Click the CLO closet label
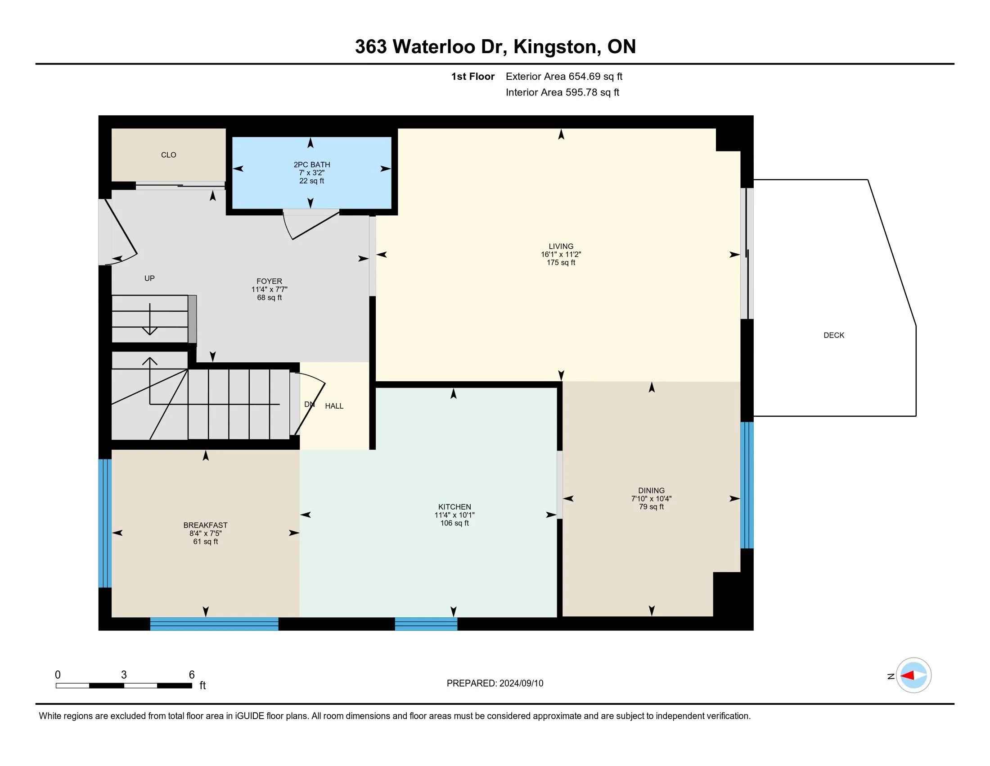(x=168, y=155)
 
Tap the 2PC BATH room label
(x=312, y=165)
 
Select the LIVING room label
(x=561, y=246)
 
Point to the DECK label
(x=834, y=335)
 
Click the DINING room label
(x=652, y=491)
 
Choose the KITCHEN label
(x=454, y=507)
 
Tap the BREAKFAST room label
(x=205, y=525)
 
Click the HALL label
(x=334, y=406)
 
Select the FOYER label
(x=269, y=281)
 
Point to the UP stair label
(x=149, y=278)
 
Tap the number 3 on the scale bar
(x=124, y=675)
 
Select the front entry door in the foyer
(x=119, y=232)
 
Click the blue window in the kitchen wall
(x=426, y=624)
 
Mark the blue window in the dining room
(x=747, y=485)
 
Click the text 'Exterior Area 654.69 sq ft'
(x=564, y=77)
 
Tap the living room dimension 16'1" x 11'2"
(x=561, y=255)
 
